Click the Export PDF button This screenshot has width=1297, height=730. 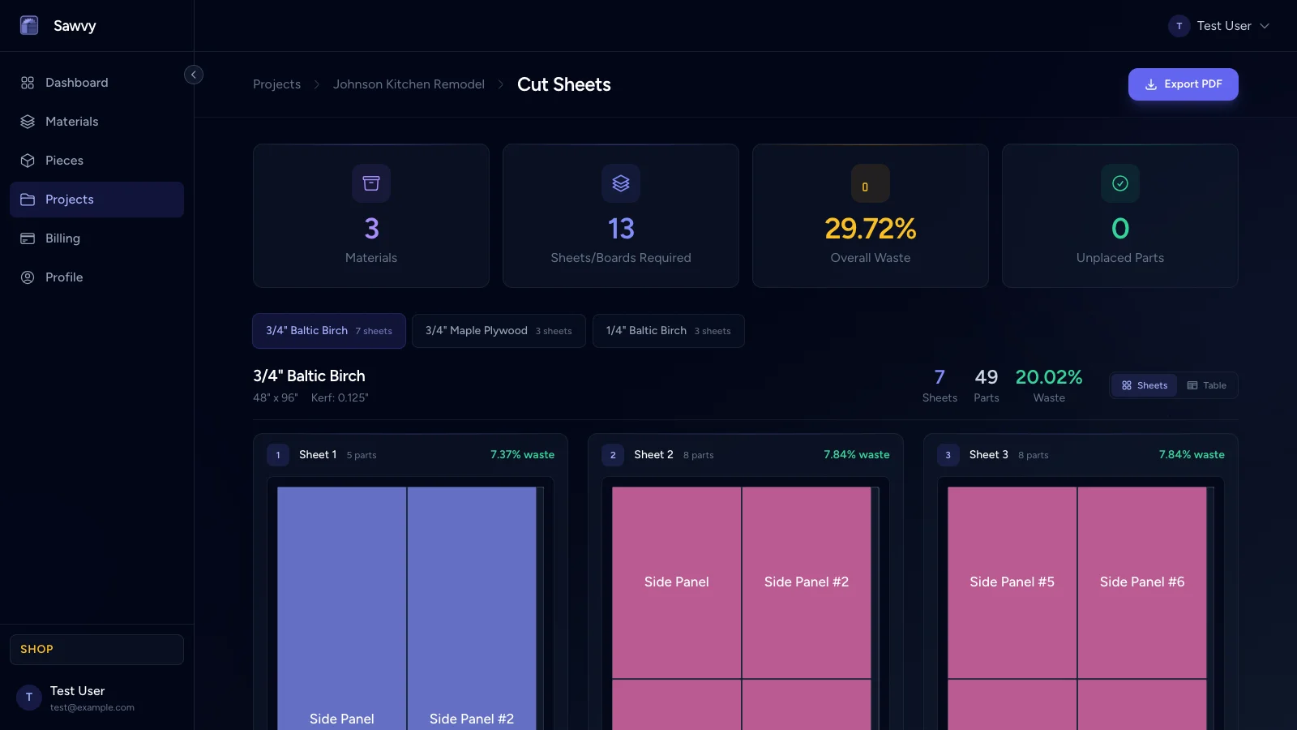[x=1183, y=84]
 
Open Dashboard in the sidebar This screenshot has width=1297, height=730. [x=76, y=83]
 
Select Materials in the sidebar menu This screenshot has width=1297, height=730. [x=71, y=122]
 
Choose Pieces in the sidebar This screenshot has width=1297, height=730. [x=64, y=161]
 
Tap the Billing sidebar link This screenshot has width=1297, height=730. [x=62, y=238]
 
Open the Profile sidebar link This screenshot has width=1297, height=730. [x=64, y=277]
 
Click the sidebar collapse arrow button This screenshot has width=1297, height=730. [x=194, y=75]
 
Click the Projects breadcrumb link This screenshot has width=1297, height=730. [x=276, y=84]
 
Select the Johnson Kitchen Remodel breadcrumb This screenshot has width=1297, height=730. [x=409, y=84]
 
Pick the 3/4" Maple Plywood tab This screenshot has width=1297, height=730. [x=499, y=331]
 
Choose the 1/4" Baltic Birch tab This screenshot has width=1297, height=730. [x=668, y=331]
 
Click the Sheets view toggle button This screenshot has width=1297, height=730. [x=1145, y=385]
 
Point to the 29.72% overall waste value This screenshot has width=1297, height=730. [x=870, y=229]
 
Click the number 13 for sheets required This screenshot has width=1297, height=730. [x=621, y=229]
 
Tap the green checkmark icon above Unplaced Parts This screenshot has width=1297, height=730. [x=1119, y=183]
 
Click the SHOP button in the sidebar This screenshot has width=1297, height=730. [x=96, y=650]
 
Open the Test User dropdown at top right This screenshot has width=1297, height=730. [x=1219, y=26]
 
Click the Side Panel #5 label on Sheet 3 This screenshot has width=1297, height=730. [x=1012, y=582]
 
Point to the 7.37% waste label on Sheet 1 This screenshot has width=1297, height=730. [x=522, y=455]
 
